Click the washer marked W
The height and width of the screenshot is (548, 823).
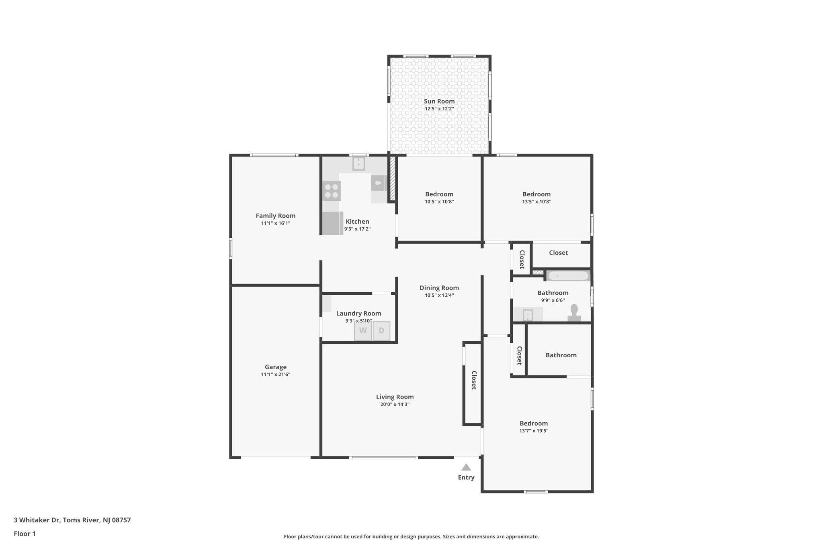coord(362,331)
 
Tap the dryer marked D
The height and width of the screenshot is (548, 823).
coord(381,331)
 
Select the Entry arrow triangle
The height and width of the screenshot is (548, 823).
coord(466,467)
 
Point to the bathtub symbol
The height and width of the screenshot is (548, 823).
coord(568,276)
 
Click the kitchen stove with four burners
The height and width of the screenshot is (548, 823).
coord(332,191)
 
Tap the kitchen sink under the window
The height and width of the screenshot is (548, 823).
coord(358,164)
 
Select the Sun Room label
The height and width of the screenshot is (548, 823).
coord(439,101)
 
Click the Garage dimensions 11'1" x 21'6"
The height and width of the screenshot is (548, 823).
coord(276,375)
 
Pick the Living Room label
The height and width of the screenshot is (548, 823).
coord(395,397)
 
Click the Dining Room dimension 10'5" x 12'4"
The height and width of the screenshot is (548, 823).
coord(439,295)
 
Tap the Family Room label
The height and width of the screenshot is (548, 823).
coord(276,216)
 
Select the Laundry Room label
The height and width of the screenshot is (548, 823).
coord(358,314)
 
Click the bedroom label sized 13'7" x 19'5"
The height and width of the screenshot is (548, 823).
coord(534,424)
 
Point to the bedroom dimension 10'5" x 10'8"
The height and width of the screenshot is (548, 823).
coord(439,202)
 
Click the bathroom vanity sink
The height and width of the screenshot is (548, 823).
coord(528,315)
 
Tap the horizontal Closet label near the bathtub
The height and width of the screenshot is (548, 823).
coord(558,253)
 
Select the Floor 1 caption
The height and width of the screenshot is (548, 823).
coord(25,534)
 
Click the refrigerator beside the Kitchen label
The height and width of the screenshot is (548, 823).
coord(332,223)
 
